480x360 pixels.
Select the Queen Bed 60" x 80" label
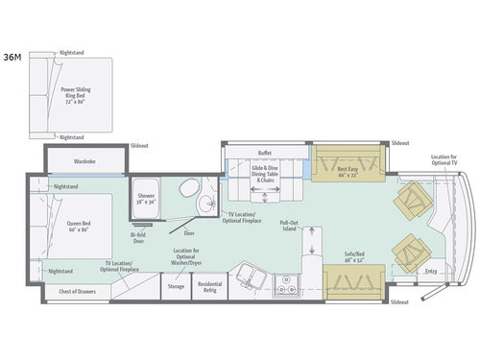78,228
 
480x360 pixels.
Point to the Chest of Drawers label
76,291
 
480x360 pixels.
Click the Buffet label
265,153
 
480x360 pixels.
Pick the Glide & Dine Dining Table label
265,174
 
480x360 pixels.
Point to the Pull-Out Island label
291,228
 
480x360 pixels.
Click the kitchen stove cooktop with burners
284,283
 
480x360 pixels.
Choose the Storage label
175,286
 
